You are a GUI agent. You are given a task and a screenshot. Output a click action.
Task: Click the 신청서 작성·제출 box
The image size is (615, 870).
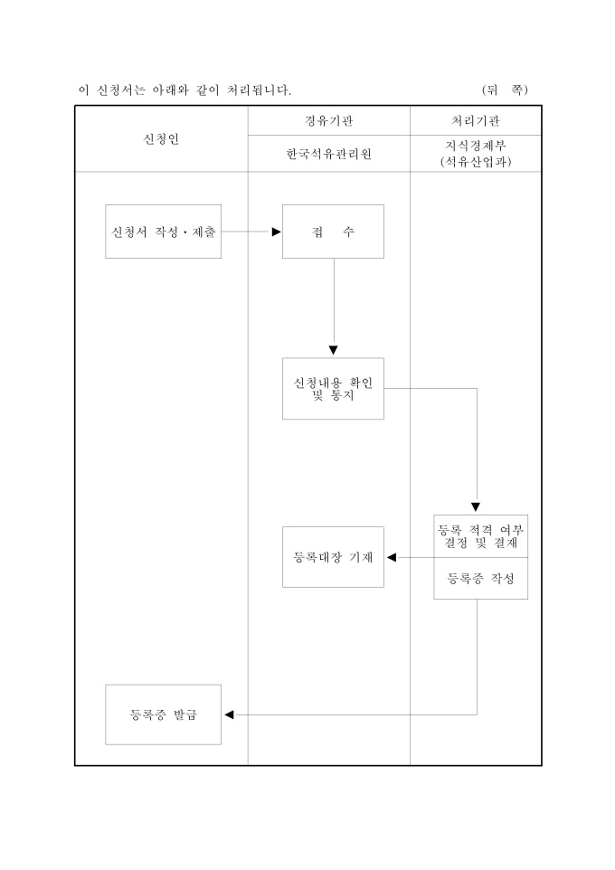pos(163,232)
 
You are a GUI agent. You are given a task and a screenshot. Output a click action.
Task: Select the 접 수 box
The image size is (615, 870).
pos(333,232)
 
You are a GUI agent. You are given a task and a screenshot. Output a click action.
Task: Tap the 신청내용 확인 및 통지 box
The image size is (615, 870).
pos(333,388)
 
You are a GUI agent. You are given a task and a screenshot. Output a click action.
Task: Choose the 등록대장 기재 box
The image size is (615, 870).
pos(333,557)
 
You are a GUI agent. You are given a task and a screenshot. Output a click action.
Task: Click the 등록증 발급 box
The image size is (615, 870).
pos(163,714)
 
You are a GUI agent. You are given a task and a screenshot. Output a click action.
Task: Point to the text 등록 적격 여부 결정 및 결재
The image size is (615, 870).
pos(480,536)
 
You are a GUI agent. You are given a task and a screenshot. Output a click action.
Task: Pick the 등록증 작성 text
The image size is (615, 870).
pos(480,579)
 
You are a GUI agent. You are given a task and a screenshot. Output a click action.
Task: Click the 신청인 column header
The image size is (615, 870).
pos(161,138)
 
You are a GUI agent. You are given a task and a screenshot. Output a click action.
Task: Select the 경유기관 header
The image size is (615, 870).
pos(328,120)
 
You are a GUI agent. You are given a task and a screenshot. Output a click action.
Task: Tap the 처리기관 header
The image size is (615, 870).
pos(476,120)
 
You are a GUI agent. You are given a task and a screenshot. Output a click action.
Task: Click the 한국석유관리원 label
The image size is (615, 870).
pos(328,154)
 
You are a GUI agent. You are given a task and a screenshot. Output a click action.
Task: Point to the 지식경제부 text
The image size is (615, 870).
pos(476,146)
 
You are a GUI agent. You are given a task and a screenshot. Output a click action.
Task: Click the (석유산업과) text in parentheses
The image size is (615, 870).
pos(476,162)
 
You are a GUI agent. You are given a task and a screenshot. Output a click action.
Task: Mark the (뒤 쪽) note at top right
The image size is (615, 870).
pos(505,90)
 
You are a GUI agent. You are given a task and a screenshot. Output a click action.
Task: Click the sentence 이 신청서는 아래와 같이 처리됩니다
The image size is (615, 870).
pos(184,90)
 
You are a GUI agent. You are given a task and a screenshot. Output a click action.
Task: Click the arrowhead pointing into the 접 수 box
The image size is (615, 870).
pos(277,232)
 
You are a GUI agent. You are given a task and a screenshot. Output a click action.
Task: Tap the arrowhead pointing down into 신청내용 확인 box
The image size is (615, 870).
pos(333,351)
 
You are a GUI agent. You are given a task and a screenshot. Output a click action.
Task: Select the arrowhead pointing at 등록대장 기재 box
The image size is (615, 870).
pos(392,557)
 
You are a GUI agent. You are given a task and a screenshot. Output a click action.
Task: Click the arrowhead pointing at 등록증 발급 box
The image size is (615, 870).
pos(229,714)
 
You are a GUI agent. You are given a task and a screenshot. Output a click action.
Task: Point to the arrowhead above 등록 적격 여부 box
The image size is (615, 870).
pos(476,507)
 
